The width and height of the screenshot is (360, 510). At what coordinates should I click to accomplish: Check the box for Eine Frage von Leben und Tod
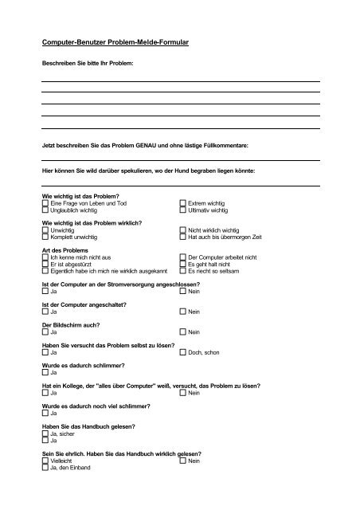[45, 203]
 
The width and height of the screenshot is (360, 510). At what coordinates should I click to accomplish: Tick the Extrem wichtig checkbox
[183, 203]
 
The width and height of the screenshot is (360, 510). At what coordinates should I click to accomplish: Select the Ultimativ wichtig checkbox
[183, 210]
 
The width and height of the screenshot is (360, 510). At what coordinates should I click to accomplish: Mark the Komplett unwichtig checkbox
[45, 237]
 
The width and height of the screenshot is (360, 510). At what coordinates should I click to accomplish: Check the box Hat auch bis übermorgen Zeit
[183, 237]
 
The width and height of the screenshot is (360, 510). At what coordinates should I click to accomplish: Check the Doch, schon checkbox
[183, 351]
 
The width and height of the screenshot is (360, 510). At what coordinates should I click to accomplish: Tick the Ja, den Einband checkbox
[45, 468]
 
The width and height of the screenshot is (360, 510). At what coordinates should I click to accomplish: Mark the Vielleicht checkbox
[45, 461]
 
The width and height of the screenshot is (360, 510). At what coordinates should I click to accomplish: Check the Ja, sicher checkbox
[45, 433]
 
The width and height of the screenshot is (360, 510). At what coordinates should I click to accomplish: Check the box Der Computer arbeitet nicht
[183, 257]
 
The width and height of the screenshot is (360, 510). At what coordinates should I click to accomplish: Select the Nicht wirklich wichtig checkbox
[183, 229]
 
